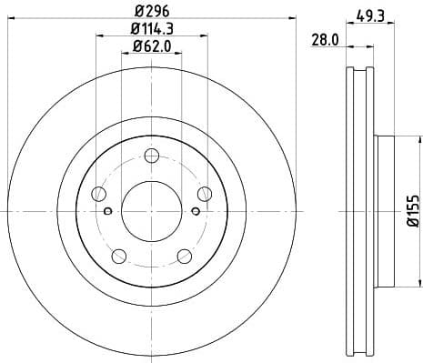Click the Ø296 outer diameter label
pos(153,10)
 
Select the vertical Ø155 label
pos(411,210)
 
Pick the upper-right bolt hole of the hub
pos(204,192)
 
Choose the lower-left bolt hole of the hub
pos(119,254)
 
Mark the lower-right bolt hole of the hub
pos(186,254)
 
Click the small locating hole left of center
pos(108,212)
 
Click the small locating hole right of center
pos(196,212)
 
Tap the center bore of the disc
pos(153,211)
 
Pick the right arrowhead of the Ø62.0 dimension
pos(180,54)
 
